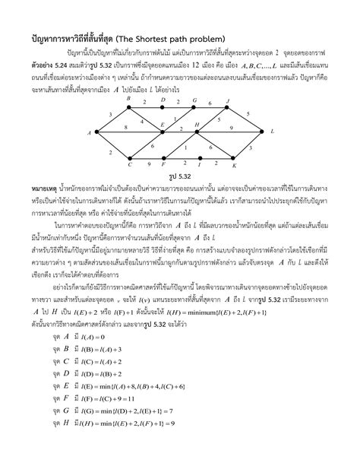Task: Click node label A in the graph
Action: point(90,133)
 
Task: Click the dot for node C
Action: point(130,158)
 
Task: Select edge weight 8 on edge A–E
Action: point(125,128)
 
